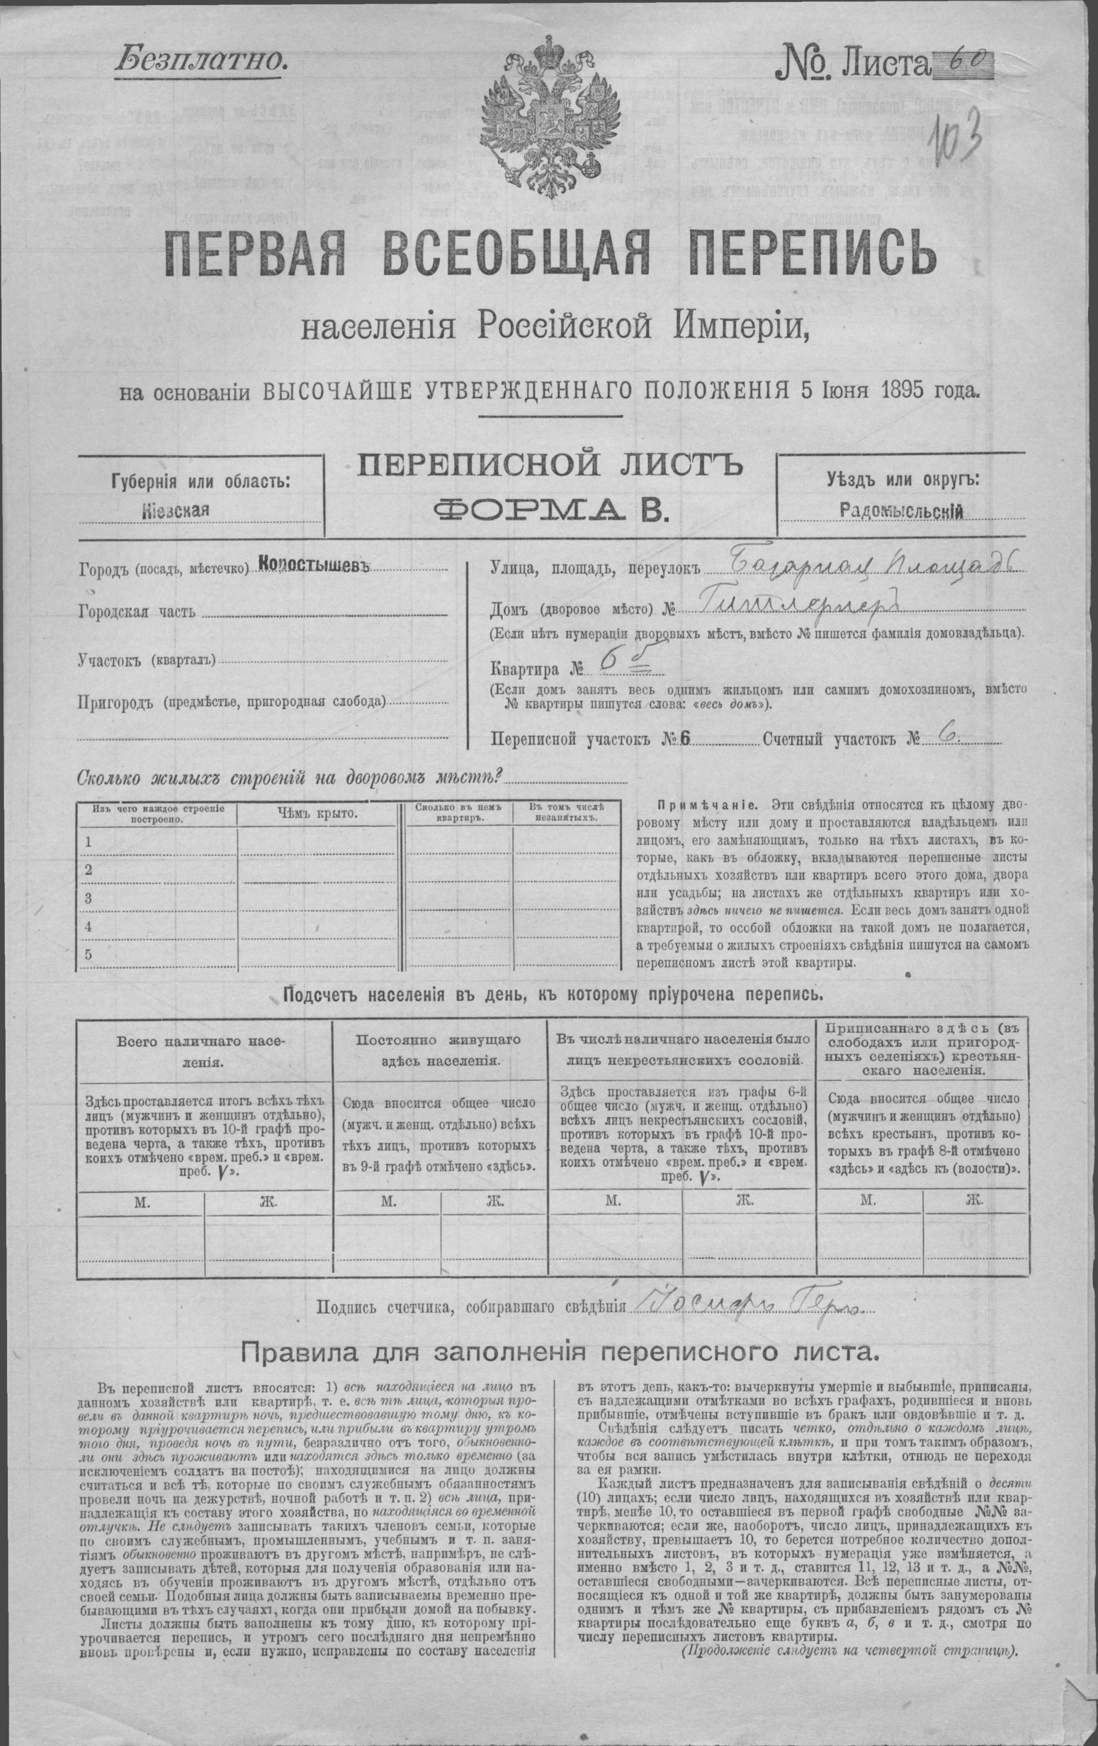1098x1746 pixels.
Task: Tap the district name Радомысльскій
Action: [x=901, y=510]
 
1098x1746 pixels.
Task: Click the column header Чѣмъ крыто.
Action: [x=317, y=814]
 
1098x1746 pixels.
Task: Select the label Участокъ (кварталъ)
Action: [x=148, y=660]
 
